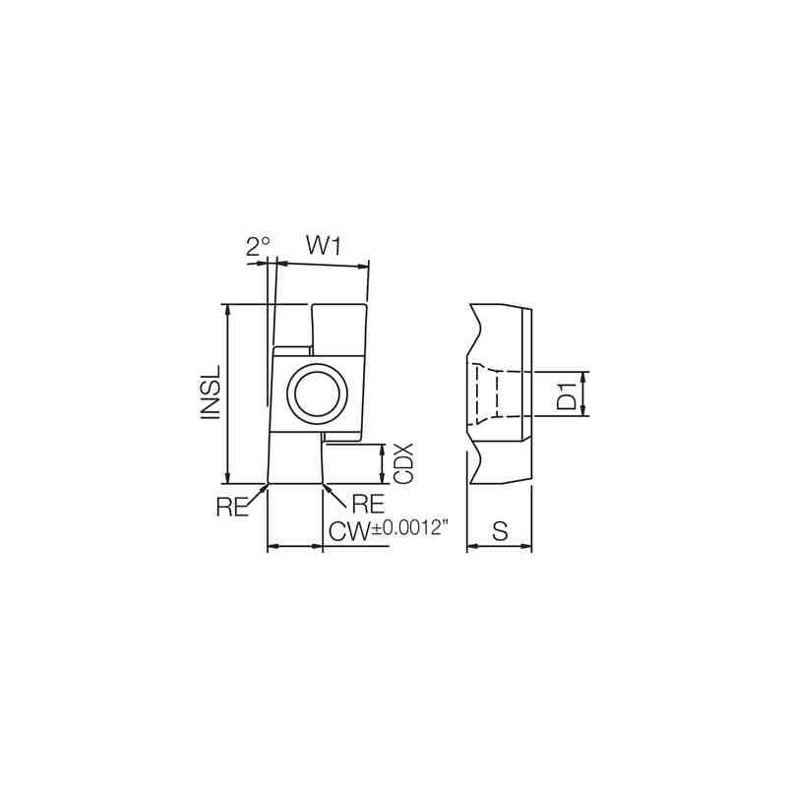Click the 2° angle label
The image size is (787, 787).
coord(257,246)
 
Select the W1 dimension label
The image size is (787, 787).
coord(322,246)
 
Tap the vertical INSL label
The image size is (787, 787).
coord(210,393)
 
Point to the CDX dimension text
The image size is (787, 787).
coord(402,462)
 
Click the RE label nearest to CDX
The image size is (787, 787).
coord(366,504)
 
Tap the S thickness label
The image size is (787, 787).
coord(499,532)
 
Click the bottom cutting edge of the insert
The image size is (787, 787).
coord(295,484)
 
